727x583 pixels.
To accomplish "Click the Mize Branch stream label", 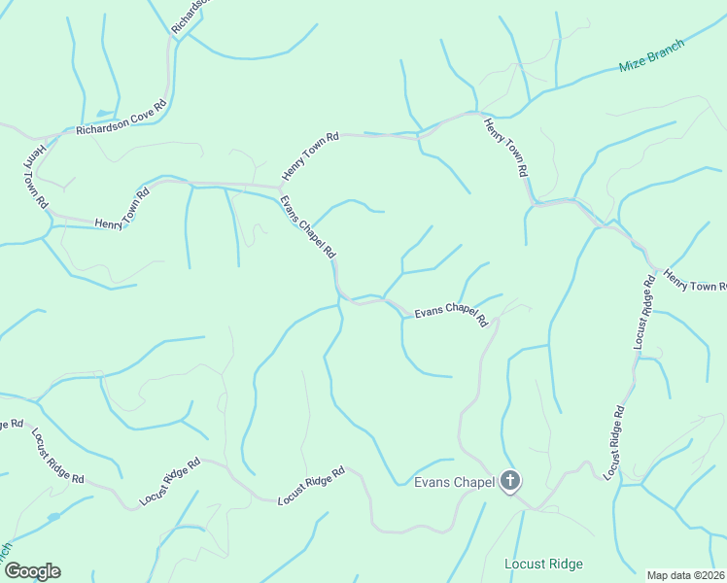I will (652, 57).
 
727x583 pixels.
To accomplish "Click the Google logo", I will (32, 571).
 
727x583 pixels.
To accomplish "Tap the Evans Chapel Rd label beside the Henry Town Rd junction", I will (308, 227).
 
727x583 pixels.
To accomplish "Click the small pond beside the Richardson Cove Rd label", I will (105, 114).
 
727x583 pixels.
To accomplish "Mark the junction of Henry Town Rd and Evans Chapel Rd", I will (281, 187).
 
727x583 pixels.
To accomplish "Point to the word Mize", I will (633, 65).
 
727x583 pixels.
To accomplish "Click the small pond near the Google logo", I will (51, 517).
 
